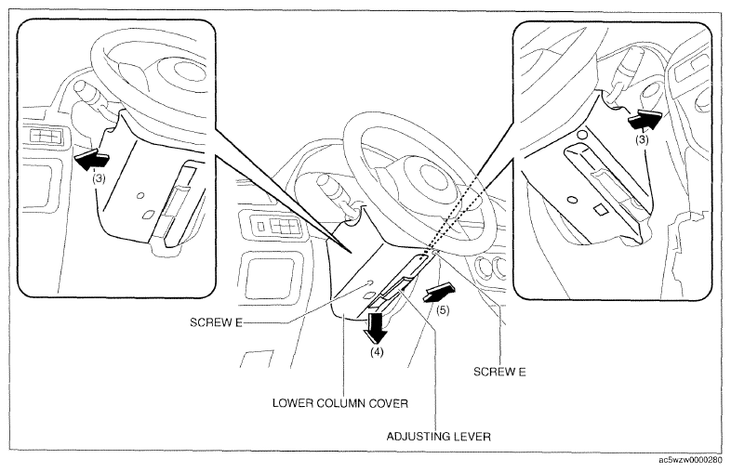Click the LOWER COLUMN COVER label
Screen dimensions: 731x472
tap(340, 403)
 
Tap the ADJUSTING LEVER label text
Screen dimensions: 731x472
tap(439, 437)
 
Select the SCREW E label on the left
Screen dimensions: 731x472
tap(217, 322)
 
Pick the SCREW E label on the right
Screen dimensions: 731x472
tap(499, 372)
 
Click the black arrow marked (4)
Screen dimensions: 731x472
tap(377, 328)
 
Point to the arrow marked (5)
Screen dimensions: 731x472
tap(439, 294)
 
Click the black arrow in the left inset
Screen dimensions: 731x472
tap(91, 160)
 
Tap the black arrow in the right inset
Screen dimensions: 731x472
tap(645, 121)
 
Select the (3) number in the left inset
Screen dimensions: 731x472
tap(99, 178)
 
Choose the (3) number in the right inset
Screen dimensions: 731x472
tap(643, 139)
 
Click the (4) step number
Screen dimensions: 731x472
tap(377, 352)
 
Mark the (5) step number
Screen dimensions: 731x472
tap(443, 310)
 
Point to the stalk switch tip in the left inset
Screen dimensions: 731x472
tap(80, 85)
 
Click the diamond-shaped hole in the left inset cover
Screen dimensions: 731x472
tap(148, 215)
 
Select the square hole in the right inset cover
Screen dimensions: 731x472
tap(601, 210)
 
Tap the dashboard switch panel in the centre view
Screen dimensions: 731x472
tap(275, 227)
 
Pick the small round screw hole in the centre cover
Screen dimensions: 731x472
tap(369, 282)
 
